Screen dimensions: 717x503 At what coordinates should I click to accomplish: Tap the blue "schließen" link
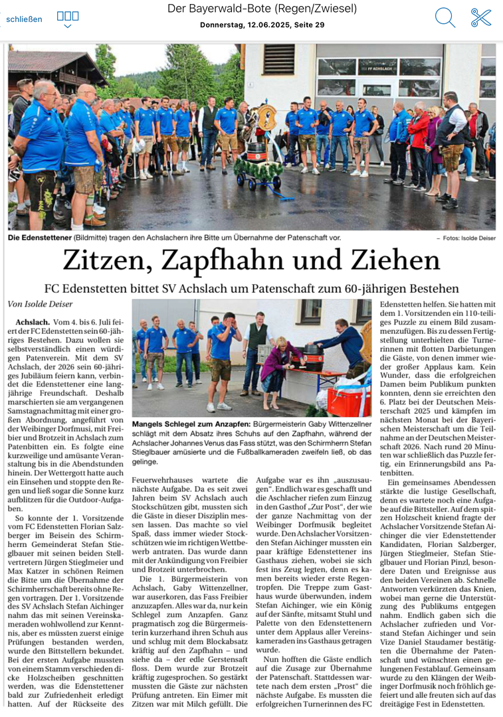[24, 19]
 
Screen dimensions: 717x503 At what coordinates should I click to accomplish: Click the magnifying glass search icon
[445, 17]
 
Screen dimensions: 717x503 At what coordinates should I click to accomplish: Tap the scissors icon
[481, 17]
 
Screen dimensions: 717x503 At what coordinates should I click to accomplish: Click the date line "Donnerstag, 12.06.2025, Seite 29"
[262, 25]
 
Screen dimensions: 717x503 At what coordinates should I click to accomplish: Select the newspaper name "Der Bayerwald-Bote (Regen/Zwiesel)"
[262, 9]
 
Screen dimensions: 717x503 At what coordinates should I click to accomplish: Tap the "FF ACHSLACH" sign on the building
[377, 66]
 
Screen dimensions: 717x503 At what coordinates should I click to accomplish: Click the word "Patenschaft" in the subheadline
[283, 289]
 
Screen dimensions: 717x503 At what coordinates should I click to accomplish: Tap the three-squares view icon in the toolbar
[68, 16]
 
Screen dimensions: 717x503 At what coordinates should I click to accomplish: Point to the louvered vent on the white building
[279, 58]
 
